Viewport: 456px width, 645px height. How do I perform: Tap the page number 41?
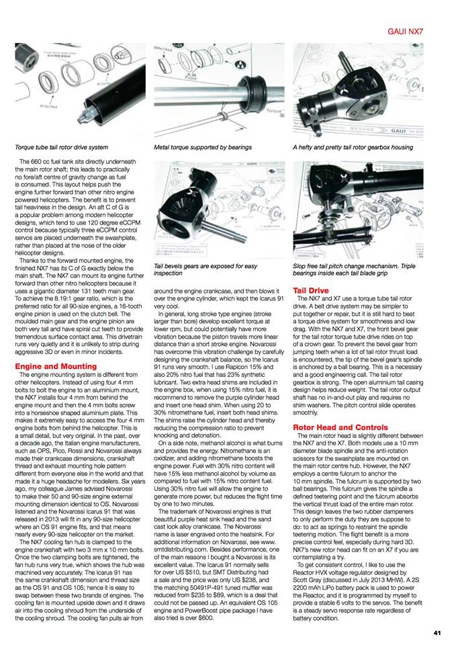437,633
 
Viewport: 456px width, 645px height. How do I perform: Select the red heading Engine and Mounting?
56,366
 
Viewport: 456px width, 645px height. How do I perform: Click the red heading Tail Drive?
310,290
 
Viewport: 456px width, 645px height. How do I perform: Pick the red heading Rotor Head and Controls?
340,408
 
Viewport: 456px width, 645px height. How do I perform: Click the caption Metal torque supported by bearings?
203,146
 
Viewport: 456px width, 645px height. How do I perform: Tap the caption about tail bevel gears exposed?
206,269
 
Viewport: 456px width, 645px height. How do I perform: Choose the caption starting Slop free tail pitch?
363,269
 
